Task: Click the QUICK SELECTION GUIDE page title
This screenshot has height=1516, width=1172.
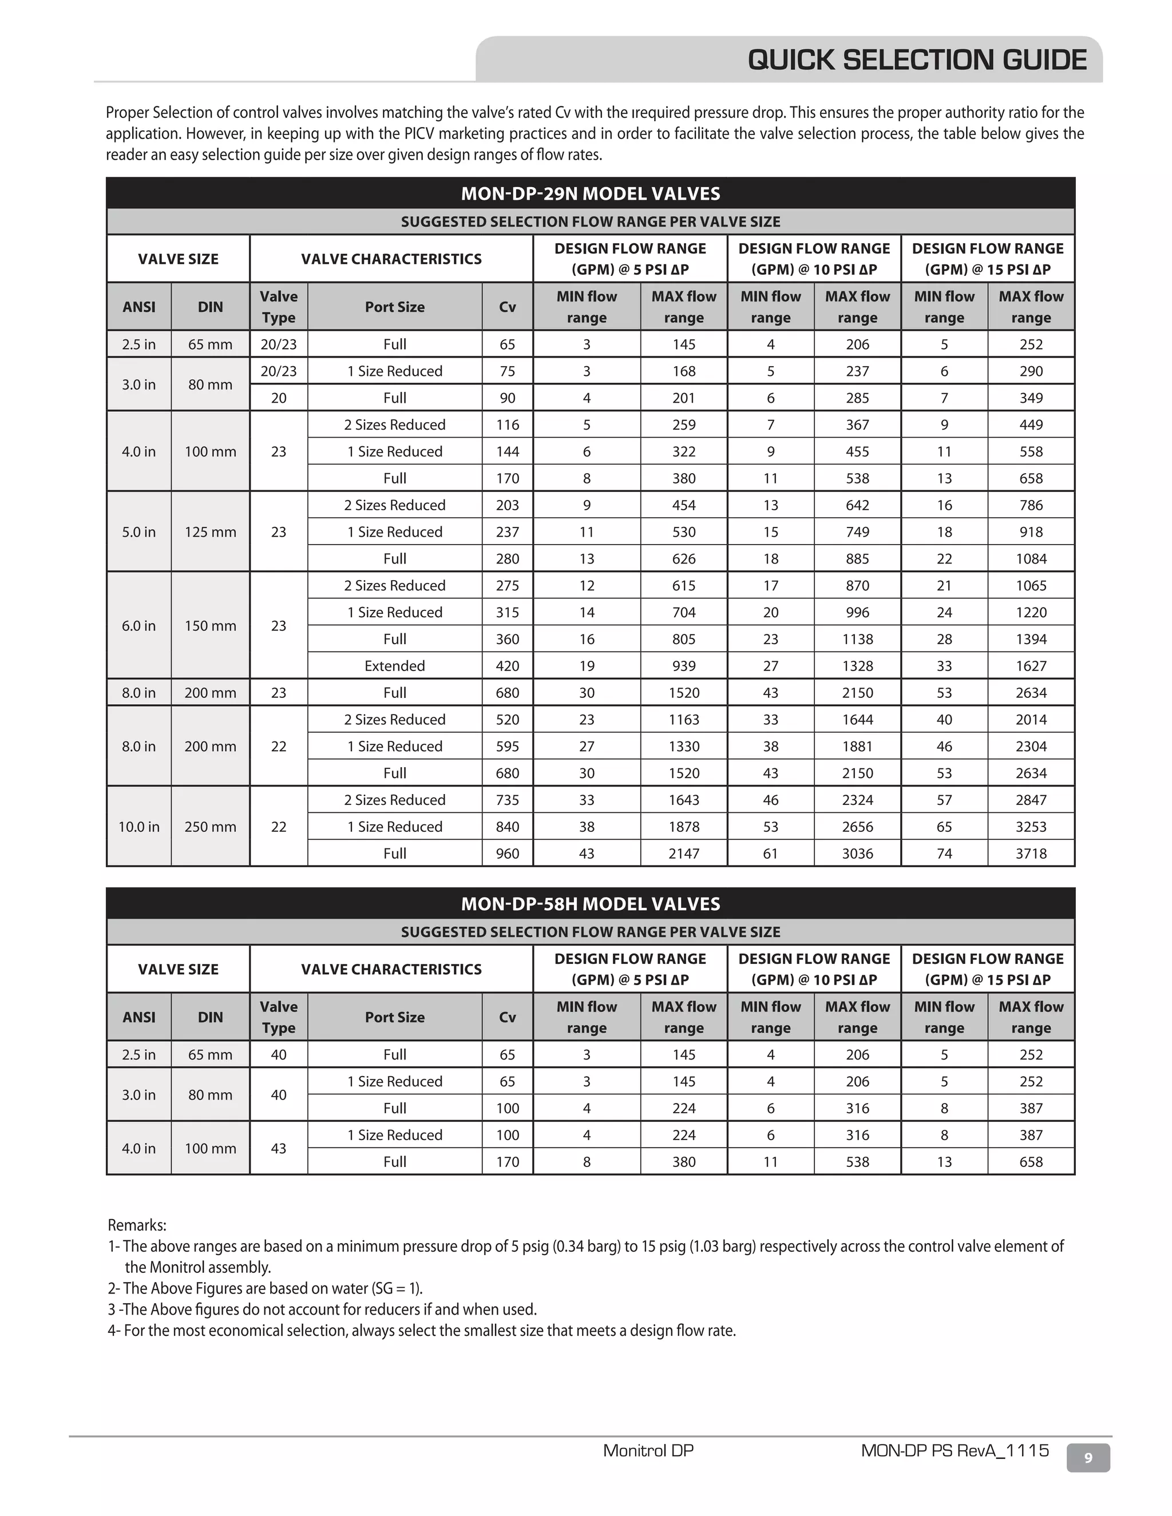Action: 917,61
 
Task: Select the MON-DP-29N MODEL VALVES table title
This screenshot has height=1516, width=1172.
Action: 590,194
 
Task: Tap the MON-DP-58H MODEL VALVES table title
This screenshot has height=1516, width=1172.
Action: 590,904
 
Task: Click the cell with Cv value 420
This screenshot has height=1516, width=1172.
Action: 508,666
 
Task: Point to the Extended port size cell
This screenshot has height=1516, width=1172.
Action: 394,666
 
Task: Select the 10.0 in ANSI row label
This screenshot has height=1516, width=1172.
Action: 139,827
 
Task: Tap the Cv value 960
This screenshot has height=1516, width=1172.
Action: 508,853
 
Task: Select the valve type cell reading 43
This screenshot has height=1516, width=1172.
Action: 279,1148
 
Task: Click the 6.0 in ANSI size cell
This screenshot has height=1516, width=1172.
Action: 139,625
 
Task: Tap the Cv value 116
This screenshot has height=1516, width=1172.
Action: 508,425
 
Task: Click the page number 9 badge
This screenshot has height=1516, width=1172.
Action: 1088,1458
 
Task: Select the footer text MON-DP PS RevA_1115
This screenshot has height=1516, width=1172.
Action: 955,1450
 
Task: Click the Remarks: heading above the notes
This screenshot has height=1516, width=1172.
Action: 137,1225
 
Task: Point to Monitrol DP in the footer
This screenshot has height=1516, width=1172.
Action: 648,1450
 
